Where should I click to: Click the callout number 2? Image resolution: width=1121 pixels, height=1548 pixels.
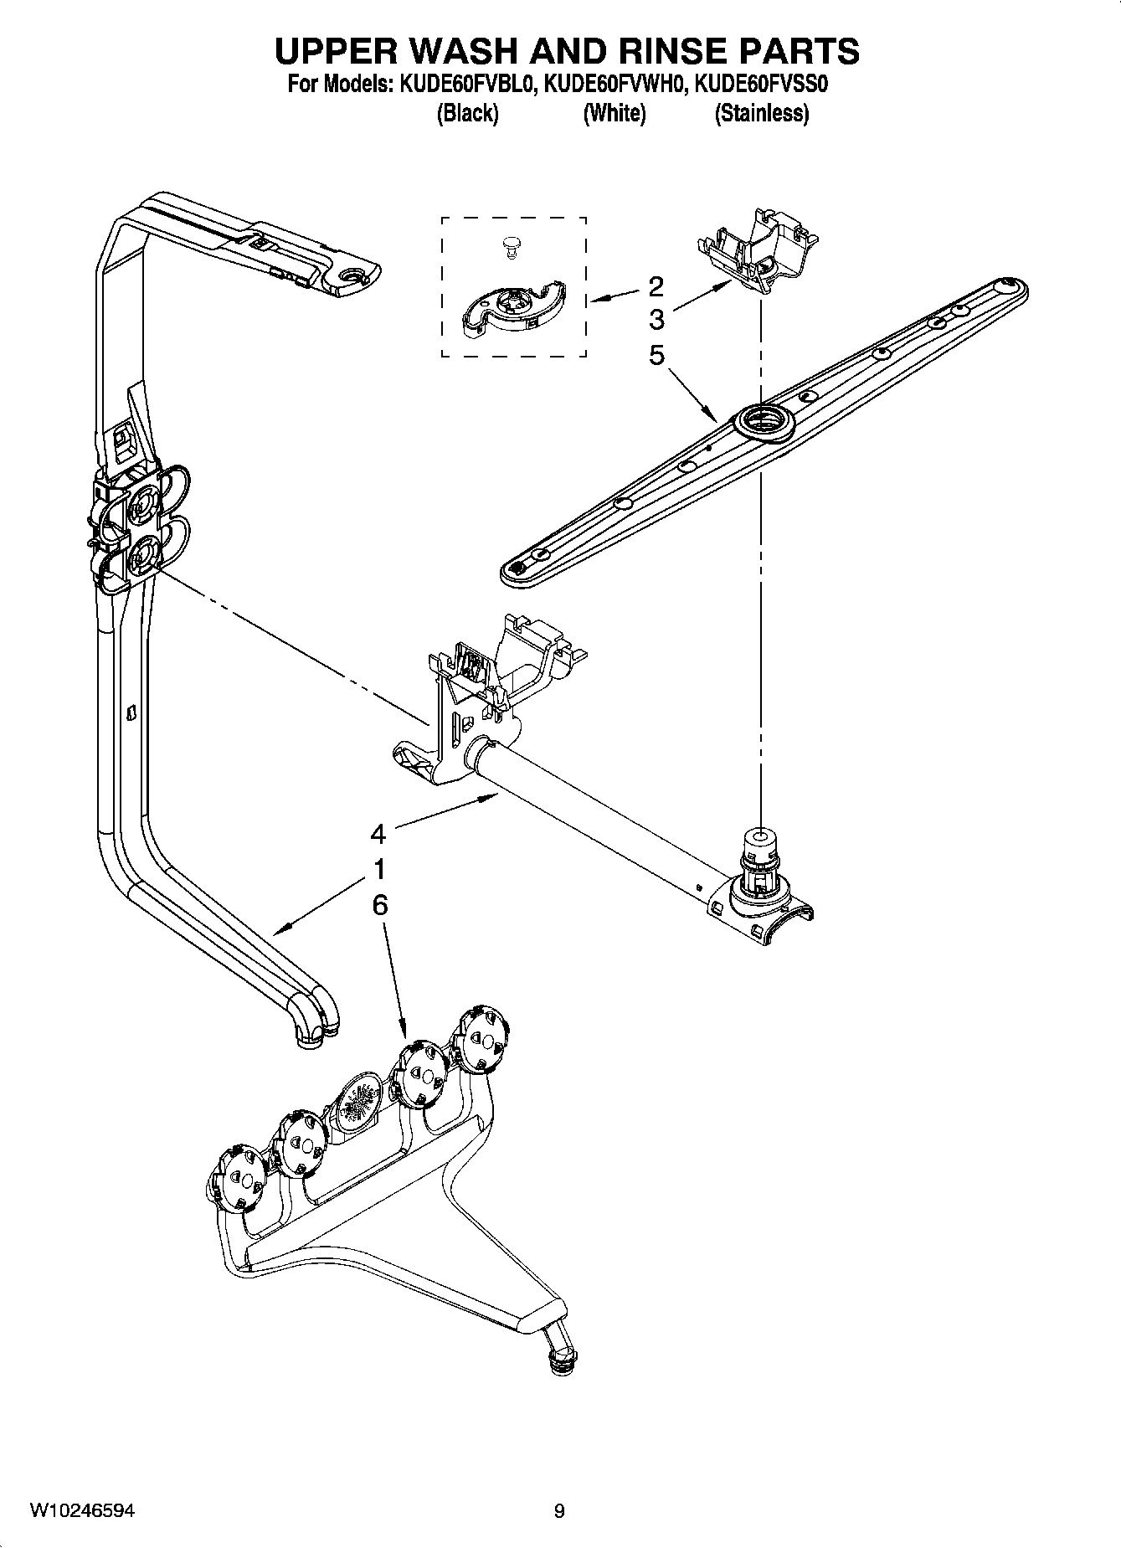click(x=656, y=286)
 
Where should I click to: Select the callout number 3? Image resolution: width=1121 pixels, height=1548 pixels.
click(x=656, y=319)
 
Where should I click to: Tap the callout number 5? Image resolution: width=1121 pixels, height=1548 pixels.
click(x=656, y=355)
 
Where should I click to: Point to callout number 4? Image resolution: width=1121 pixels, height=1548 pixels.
click(x=378, y=834)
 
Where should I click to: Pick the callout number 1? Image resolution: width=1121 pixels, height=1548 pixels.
click(x=378, y=869)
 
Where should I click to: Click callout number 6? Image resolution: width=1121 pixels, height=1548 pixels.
click(x=378, y=905)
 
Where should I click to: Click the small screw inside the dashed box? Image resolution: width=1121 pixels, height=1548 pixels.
click(x=510, y=244)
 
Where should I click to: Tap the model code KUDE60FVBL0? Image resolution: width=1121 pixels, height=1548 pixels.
click(x=466, y=85)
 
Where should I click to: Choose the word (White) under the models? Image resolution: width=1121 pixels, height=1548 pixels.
click(x=614, y=114)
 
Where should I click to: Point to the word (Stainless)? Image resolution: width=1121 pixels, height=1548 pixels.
click(x=761, y=114)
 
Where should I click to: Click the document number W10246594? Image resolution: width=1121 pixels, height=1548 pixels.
click(x=81, y=1510)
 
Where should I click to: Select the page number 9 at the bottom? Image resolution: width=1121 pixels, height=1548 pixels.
click(x=559, y=1511)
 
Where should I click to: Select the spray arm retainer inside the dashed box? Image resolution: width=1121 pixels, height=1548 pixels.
click(x=512, y=311)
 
